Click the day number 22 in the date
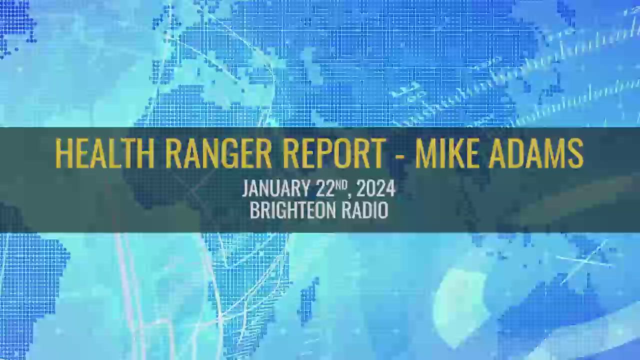pos(325,189)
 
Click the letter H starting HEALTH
pos(62,153)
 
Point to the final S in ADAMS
pos(575,153)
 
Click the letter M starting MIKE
pos(425,153)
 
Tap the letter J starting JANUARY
pos(245,189)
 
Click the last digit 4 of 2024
pos(390,189)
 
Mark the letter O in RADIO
pos(383,210)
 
